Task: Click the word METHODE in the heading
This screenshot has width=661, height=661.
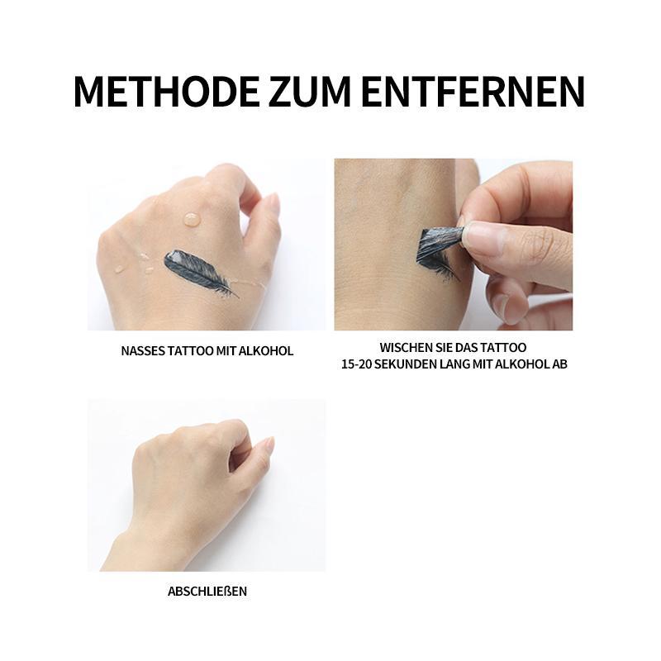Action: pyautogui.click(x=166, y=92)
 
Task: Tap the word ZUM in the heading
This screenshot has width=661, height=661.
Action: pyautogui.click(x=310, y=92)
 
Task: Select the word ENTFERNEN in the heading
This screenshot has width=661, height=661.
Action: pyautogui.click(x=473, y=92)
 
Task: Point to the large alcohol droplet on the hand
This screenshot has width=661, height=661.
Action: pyautogui.click(x=193, y=219)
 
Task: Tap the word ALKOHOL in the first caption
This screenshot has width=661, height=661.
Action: pyautogui.click(x=265, y=351)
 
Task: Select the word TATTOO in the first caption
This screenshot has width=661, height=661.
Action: pyautogui.click(x=190, y=351)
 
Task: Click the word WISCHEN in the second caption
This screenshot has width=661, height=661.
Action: pyautogui.click(x=404, y=348)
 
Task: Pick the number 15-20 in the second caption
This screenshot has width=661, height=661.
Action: pyautogui.click(x=356, y=364)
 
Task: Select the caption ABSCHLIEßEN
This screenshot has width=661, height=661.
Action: pyautogui.click(x=207, y=592)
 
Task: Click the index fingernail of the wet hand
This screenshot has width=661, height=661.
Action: pyautogui.click(x=274, y=204)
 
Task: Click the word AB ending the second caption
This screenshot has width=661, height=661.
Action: pyautogui.click(x=560, y=364)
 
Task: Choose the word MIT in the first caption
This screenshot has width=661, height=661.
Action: pyautogui.click(x=226, y=351)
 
